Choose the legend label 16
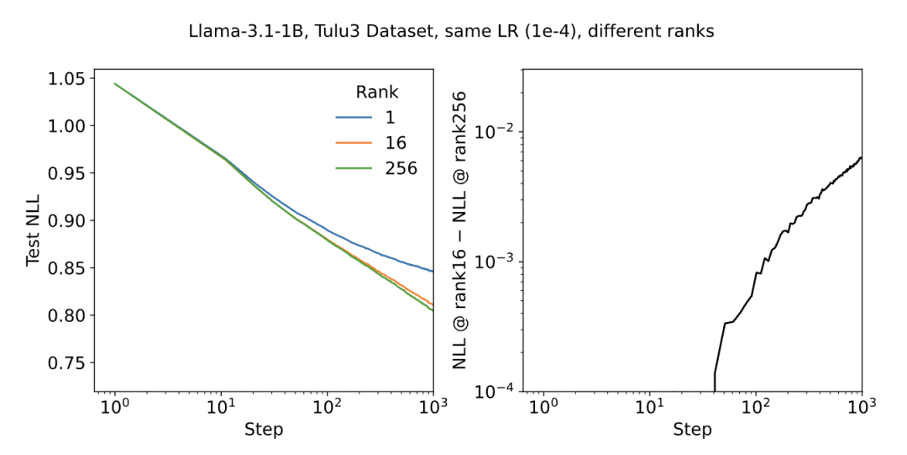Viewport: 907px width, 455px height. click(x=394, y=143)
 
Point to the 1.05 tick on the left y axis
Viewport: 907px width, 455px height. click(x=67, y=79)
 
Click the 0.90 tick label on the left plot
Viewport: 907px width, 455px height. click(x=67, y=221)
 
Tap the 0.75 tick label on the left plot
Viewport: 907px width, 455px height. click(x=67, y=363)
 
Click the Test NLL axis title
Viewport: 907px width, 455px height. click(x=33, y=230)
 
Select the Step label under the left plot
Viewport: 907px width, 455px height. click(x=264, y=430)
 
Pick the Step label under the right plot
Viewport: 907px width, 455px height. click(x=692, y=430)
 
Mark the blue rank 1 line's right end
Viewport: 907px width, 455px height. click(x=433, y=272)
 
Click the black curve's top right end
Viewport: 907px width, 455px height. click(x=861, y=158)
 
